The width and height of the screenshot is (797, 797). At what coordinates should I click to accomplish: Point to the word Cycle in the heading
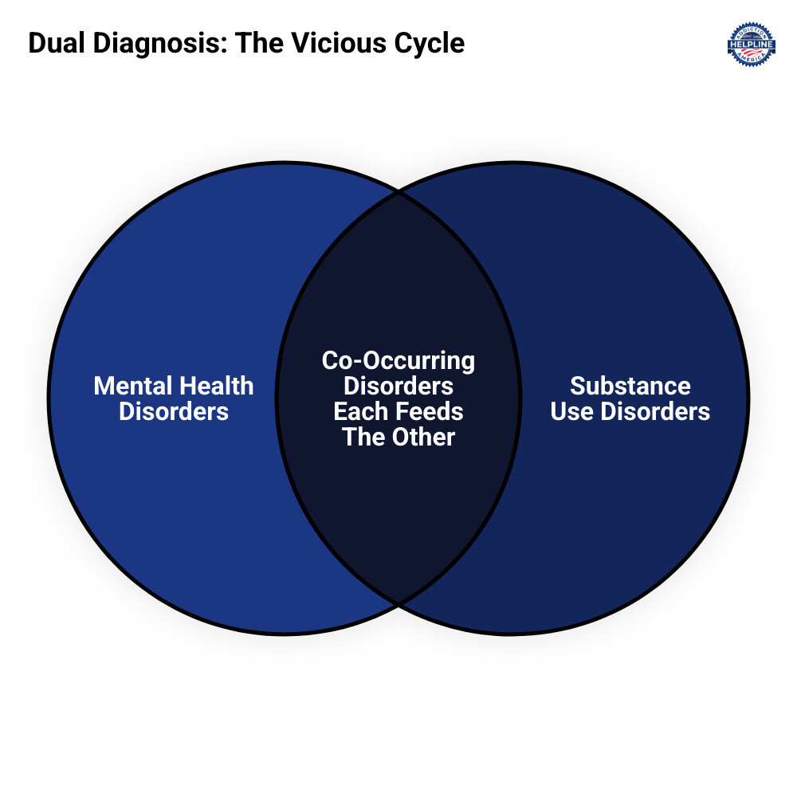click(x=431, y=43)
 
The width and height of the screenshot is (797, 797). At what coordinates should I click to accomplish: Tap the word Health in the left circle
click(x=214, y=387)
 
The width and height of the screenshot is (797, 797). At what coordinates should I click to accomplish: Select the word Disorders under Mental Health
click(x=174, y=412)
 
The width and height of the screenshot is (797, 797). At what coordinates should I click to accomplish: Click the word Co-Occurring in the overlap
click(x=398, y=361)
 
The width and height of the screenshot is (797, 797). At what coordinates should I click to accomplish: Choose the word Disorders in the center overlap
click(x=398, y=387)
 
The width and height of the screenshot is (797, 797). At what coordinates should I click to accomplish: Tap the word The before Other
click(x=365, y=438)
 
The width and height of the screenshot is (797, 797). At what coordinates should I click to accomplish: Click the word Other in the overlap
click(x=424, y=438)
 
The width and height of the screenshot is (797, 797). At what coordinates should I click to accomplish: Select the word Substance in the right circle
click(x=630, y=387)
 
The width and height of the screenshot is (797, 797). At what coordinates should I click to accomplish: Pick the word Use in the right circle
click(x=572, y=412)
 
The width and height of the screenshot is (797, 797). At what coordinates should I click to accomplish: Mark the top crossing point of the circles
click(x=398, y=193)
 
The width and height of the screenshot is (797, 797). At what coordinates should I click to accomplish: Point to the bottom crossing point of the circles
click(x=398, y=603)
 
